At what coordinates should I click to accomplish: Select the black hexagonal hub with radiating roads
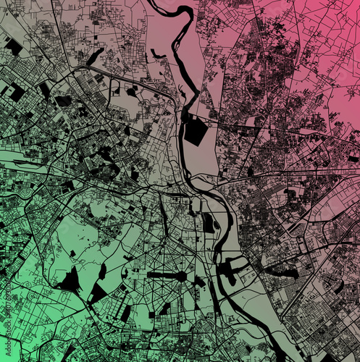click(198, 280)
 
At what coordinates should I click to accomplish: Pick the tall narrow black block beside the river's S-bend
click(208, 223)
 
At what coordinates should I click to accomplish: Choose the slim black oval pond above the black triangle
click(102, 271)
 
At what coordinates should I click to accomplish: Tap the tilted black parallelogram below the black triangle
click(126, 313)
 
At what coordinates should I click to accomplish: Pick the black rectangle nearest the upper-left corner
click(13, 46)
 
